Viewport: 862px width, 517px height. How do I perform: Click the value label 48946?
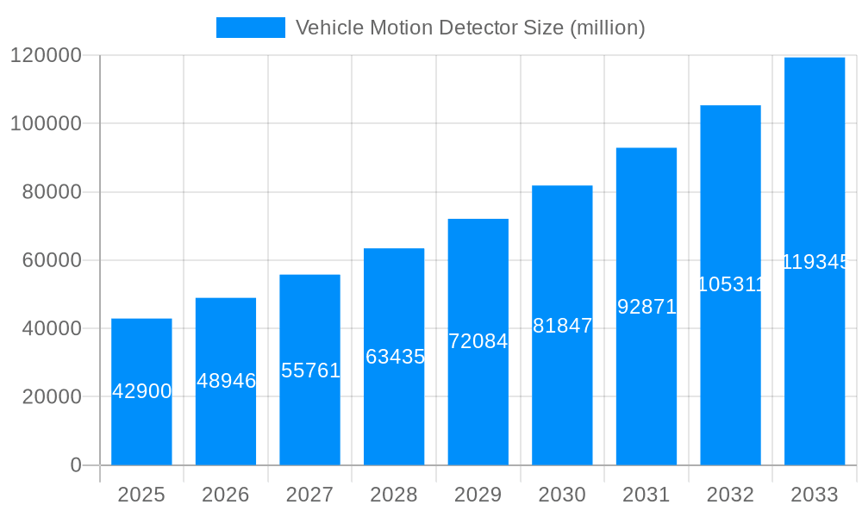coord(226,381)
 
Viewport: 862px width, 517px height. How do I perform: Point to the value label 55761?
coord(310,371)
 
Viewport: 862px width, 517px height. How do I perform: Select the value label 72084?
coord(478,341)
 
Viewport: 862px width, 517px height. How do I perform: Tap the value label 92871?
coord(646,307)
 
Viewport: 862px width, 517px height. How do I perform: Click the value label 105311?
coord(730,284)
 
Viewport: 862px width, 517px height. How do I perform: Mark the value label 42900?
coord(142,391)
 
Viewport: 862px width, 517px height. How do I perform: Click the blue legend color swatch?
coord(250,28)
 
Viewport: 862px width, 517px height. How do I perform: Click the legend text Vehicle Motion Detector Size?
coord(470,28)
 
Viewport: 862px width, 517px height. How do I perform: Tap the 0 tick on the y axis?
coord(75,465)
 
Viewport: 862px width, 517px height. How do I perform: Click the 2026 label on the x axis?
coord(226,495)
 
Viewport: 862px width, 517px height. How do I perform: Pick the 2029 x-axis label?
coord(478,495)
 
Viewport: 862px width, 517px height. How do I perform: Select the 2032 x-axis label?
coord(730,495)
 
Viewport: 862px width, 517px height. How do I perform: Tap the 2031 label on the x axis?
coord(646,495)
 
